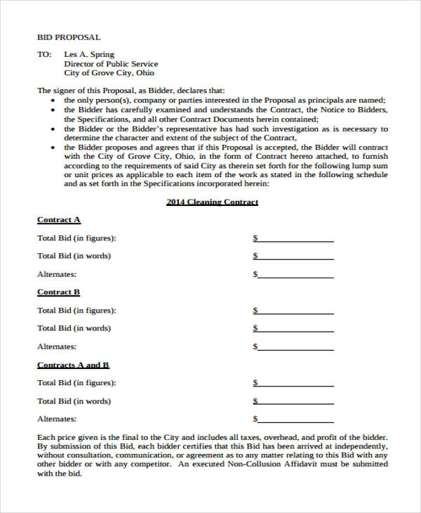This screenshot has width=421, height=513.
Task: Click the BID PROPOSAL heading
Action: pos(69,37)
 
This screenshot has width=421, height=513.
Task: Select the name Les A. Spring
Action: pos(89,54)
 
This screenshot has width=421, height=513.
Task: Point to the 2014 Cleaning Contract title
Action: pos(212,202)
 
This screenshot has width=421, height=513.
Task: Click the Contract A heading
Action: pos(58,219)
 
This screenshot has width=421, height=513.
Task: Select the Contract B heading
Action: pos(58,292)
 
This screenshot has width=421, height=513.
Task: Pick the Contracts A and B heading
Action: pos(73,365)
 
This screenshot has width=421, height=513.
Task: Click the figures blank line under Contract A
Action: pos(295,240)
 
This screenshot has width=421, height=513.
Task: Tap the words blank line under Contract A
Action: pos(295,258)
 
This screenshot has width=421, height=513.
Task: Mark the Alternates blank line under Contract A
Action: pos(295,276)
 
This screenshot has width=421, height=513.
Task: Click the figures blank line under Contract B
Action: pos(295,312)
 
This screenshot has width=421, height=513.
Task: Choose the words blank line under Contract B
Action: pos(295,330)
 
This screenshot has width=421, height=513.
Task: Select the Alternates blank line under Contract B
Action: pos(295,349)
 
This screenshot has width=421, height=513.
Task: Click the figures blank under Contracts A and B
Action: pos(295,385)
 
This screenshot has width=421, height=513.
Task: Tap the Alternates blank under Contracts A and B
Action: pos(295,421)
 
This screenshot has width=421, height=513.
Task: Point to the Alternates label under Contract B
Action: pos(57,346)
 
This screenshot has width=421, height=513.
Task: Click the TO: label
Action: pos(44,54)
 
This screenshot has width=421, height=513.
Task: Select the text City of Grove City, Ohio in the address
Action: pos(109,72)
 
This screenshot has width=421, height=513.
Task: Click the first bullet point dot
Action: pos(55,100)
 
